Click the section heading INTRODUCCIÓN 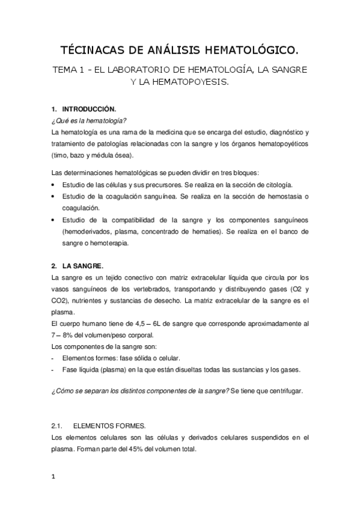click(88, 109)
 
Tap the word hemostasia click(276, 197)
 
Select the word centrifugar click(284, 392)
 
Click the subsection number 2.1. click(58, 425)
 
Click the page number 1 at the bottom click(53, 477)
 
